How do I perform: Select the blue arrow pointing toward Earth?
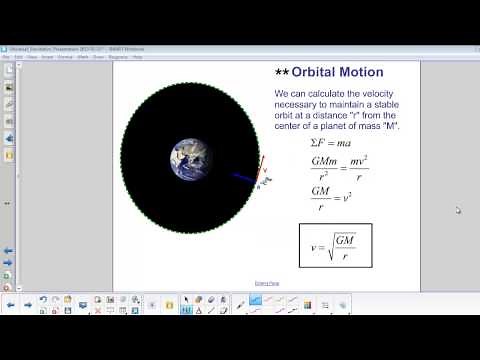[x=245, y=180]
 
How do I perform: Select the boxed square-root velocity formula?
[x=335, y=245]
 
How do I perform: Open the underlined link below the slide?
[x=267, y=284]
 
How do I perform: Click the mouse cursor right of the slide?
[x=458, y=210]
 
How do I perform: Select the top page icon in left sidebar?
[x=9, y=70]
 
